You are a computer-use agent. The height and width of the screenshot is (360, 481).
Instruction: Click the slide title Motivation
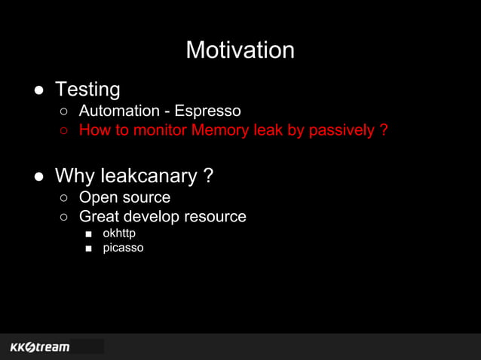[x=240, y=50]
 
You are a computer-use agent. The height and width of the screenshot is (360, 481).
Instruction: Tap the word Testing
[x=87, y=89]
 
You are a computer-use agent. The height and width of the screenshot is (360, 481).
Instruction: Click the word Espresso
[x=207, y=111]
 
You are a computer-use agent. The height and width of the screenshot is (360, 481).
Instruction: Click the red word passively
[x=339, y=130]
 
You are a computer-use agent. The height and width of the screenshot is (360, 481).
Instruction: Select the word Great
[x=100, y=217]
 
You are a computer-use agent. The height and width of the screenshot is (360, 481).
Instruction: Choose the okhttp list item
[x=119, y=233]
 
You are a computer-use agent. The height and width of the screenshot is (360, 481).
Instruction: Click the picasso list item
[x=123, y=248]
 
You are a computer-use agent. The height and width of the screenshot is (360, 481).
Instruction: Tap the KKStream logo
[x=40, y=347]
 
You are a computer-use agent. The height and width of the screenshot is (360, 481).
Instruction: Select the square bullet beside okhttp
[x=88, y=234]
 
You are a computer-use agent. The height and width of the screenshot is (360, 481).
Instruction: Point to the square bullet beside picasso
[x=88, y=249]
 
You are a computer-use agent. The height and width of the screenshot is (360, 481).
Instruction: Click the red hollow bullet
[x=65, y=131]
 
